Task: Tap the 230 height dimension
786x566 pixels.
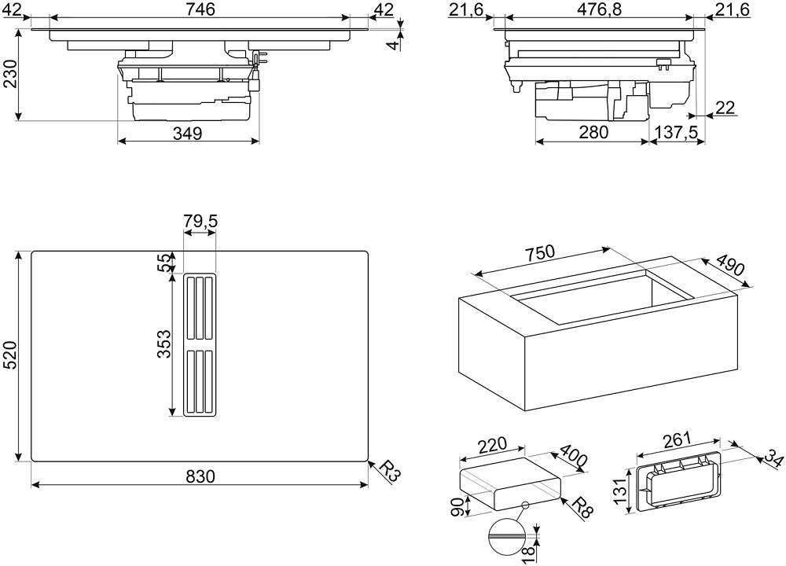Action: [10, 74]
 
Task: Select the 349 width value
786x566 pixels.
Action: [188, 134]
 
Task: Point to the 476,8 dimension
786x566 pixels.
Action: [597, 9]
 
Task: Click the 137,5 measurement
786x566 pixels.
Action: [677, 132]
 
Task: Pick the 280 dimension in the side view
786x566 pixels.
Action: [593, 132]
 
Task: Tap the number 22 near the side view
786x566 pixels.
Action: [725, 107]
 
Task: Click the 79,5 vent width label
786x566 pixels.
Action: [200, 222]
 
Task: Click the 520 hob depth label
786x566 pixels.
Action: [10, 355]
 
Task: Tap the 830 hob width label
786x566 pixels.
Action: [199, 476]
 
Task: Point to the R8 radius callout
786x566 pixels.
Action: [582, 506]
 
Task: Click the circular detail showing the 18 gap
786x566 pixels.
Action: [505, 536]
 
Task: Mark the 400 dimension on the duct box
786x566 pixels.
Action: [572, 454]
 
